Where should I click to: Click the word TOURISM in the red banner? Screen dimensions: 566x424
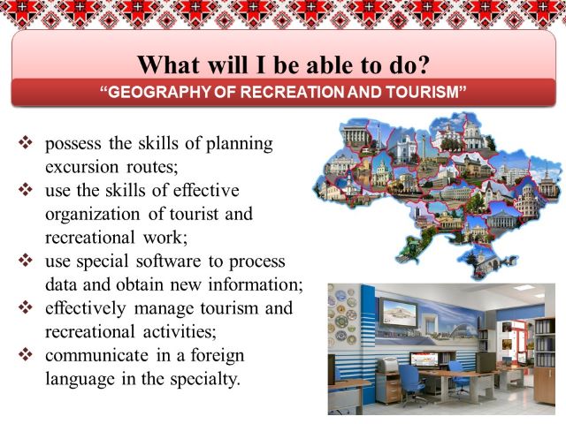click(423, 92)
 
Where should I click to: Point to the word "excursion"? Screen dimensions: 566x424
click(82, 167)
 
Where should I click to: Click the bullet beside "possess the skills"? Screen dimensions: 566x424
click(26, 142)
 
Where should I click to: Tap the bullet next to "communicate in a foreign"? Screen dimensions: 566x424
click(26, 354)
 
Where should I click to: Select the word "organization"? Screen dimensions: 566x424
click(92, 215)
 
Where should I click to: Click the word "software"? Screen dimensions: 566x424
click(169, 261)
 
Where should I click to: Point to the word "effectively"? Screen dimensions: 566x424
click(86, 308)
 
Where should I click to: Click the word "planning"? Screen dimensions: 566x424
click(240, 144)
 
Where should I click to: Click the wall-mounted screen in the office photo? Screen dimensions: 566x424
click(398, 312)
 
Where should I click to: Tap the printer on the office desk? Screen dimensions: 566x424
click(387, 365)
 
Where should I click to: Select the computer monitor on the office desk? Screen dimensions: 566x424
click(424, 360)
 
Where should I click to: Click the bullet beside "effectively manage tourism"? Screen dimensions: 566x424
click(26, 307)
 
